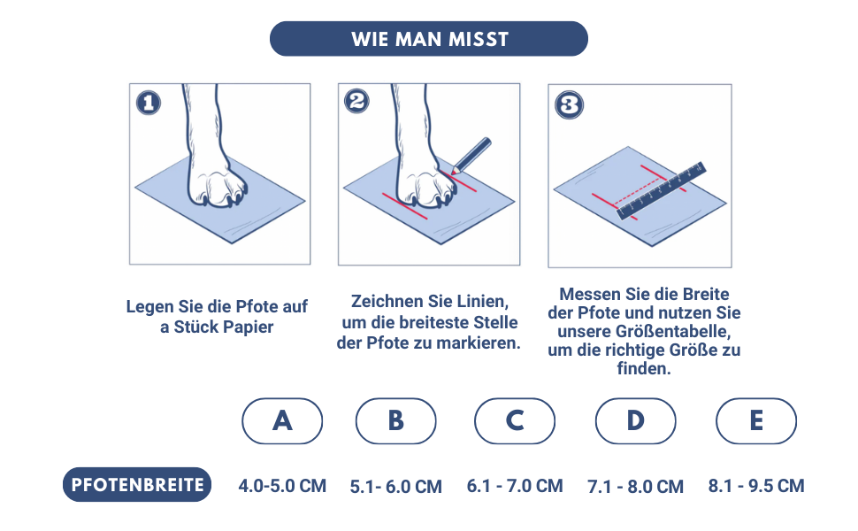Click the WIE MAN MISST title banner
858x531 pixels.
[x=428, y=39]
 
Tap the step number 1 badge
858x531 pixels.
[x=149, y=103]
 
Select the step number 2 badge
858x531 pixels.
[x=356, y=101]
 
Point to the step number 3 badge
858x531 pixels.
[x=569, y=105]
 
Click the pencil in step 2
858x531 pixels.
[x=471, y=156]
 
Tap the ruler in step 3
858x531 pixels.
[x=661, y=190]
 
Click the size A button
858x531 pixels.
[x=282, y=421]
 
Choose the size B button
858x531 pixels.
[x=396, y=421]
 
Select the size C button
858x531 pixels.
[x=515, y=421]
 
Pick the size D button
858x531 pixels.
[x=636, y=421]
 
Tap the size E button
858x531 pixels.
[x=756, y=421]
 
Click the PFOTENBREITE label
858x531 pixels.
[x=137, y=484]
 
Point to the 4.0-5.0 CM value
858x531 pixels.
[x=282, y=486]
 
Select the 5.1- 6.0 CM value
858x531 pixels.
[x=395, y=487]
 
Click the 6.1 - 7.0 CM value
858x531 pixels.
[x=515, y=486]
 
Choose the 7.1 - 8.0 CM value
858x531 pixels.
[x=635, y=487]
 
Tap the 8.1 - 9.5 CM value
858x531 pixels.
[x=756, y=486]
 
